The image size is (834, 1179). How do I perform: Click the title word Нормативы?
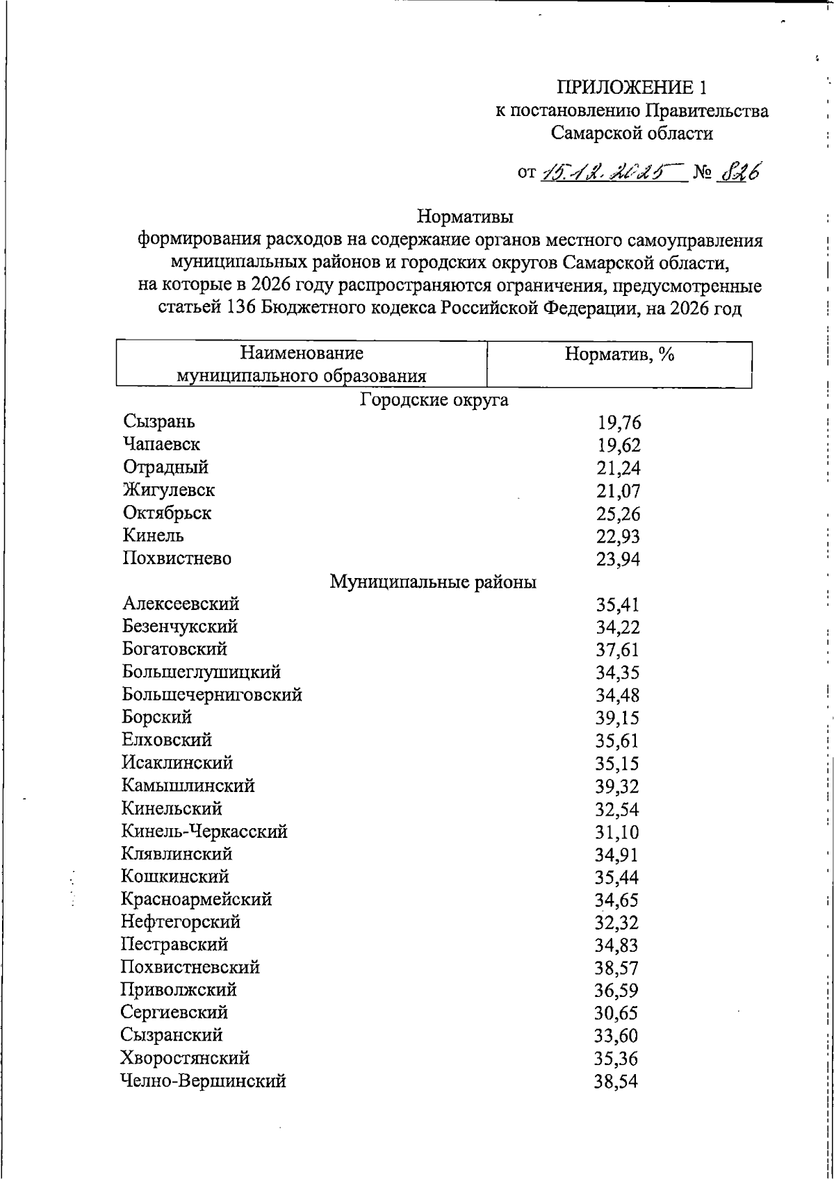click(465, 217)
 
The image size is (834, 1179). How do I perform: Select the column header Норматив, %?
click(619, 354)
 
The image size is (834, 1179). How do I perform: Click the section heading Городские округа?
click(434, 400)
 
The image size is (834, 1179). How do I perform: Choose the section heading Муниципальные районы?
click(432, 582)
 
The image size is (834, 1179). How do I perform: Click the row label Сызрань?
click(159, 421)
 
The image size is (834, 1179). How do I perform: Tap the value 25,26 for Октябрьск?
click(618, 514)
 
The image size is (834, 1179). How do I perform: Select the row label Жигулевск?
click(169, 490)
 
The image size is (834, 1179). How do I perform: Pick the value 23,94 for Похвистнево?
click(618, 560)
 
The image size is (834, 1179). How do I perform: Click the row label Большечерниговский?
click(212, 695)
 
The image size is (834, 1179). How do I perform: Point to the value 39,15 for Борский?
click(617, 718)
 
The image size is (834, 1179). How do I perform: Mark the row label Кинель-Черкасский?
click(204, 832)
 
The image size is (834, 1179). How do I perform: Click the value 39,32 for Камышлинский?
click(617, 786)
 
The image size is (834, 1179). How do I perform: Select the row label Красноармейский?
click(196, 900)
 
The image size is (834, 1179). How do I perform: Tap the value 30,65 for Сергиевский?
click(616, 1014)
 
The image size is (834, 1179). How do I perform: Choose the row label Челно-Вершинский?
click(203, 1081)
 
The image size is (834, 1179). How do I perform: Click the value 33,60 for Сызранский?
click(616, 1037)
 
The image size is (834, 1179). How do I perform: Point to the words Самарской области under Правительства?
click(632, 133)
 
